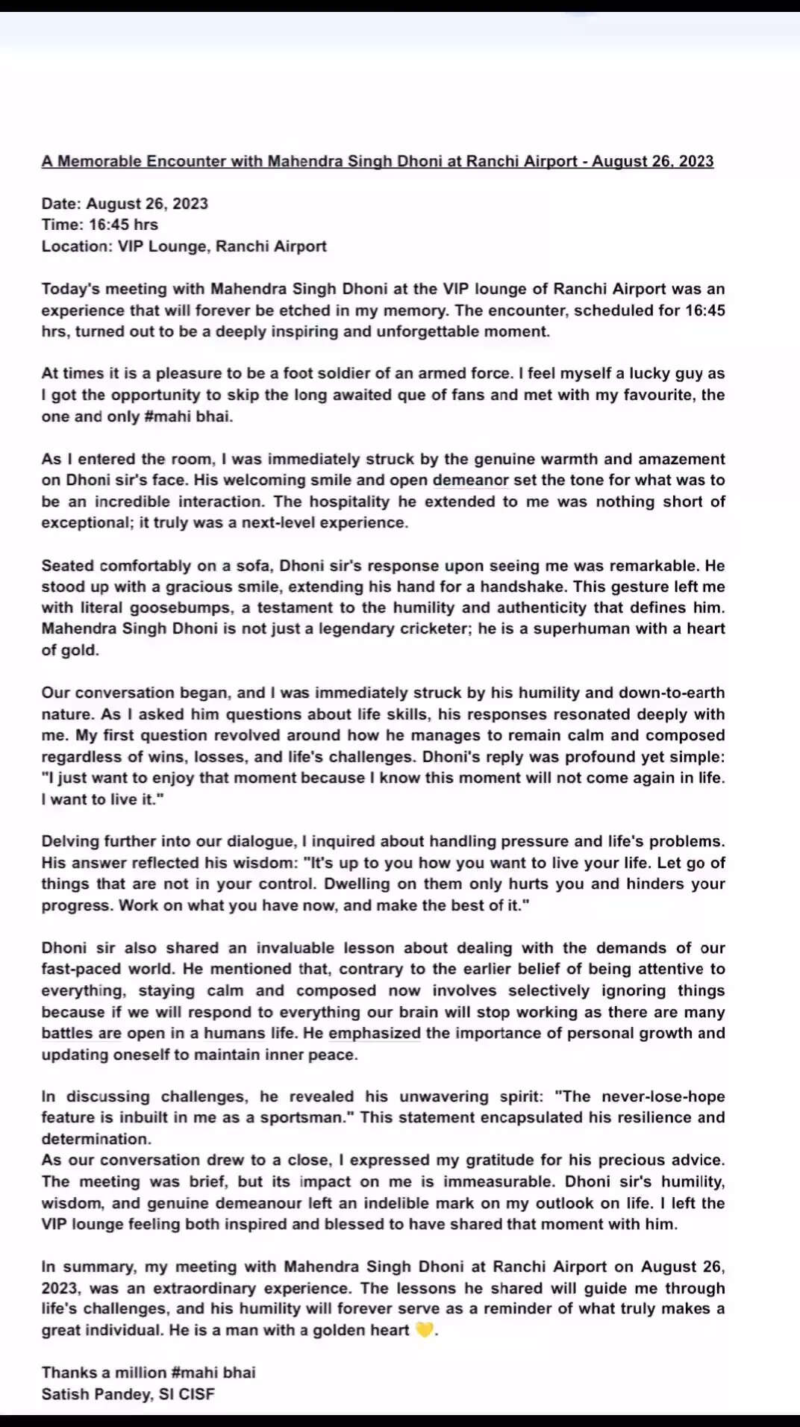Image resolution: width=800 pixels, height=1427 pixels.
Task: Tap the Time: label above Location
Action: click(x=62, y=225)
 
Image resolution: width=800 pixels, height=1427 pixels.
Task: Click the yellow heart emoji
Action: click(x=424, y=1330)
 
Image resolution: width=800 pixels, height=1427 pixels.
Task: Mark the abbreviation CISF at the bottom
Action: click(x=196, y=1394)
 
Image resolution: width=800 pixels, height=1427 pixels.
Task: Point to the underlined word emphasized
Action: click(x=375, y=1033)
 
